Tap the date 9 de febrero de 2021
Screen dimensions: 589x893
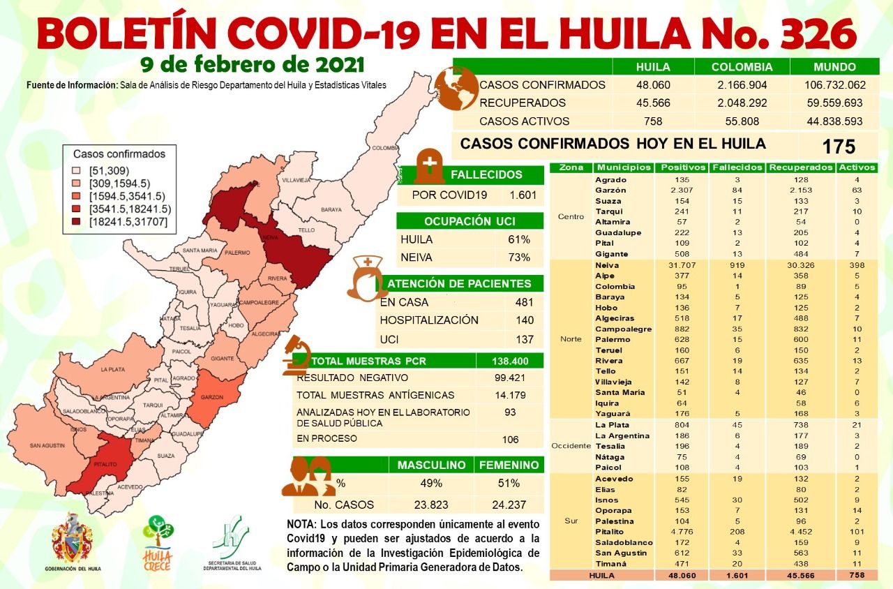coord(252,65)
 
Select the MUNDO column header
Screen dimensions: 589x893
coord(834,68)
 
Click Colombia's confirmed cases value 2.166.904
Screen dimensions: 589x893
coord(742,85)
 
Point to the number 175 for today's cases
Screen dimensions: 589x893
coord(839,147)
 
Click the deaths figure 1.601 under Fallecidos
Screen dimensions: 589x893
coord(523,195)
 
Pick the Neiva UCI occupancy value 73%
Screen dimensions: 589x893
coord(519,258)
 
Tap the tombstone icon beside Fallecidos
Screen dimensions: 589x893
coord(429,165)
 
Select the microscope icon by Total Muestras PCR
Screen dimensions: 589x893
coord(297,355)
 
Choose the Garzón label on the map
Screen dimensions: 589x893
coord(212,396)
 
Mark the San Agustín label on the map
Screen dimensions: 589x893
coord(47,445)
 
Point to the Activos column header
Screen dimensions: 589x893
coord(857,167)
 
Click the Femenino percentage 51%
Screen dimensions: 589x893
coord(509,484)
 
